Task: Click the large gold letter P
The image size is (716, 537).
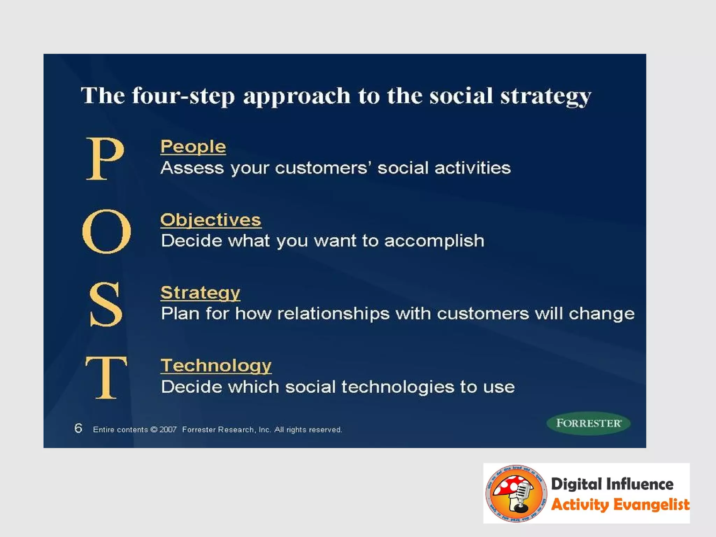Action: point(105,159)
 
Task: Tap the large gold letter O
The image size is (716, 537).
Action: point(107,231)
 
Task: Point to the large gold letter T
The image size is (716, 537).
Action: point(106,378)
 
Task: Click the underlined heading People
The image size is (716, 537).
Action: point(193,147)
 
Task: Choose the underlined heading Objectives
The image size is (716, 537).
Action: point(211,220)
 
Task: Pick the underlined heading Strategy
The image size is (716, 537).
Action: point(200,293)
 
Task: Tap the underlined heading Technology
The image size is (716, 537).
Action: point(216,366)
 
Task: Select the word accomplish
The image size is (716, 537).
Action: point(434,241)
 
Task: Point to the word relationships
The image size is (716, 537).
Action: point(333,314)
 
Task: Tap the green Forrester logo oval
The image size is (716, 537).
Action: point(588,423)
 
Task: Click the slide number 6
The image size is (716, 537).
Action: point(78,428)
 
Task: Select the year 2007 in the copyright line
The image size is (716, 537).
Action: point(168,430)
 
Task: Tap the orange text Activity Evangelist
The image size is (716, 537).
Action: point(620,505)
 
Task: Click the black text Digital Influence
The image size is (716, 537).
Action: point(612,484)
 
